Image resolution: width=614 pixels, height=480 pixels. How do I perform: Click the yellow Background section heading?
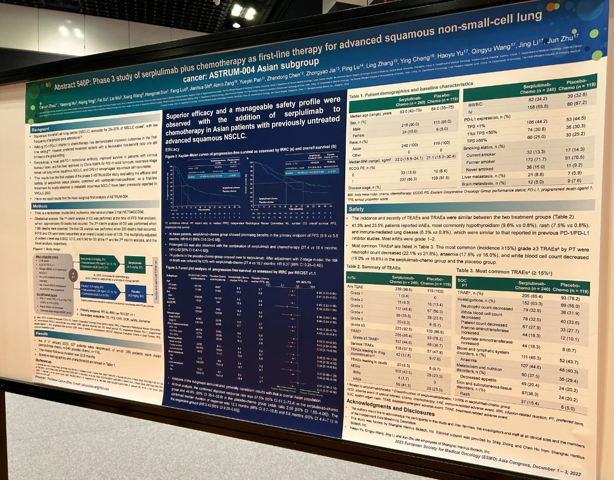(40, 128)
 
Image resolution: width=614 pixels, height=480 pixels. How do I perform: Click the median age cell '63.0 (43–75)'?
(410, 111)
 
